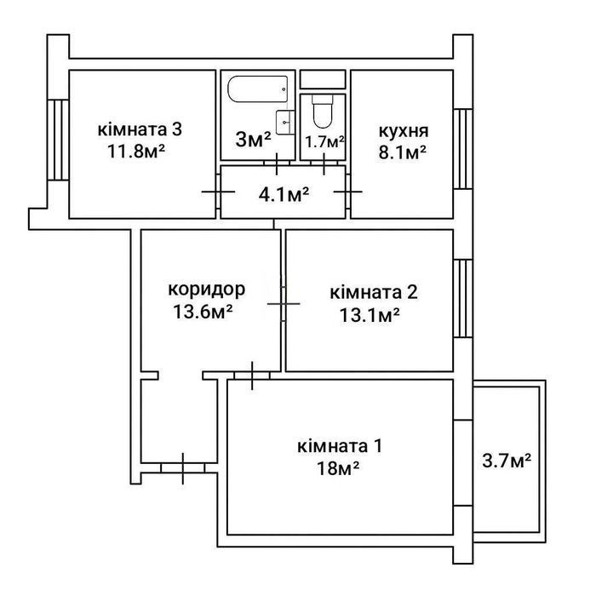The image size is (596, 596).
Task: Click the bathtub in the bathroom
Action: point(258,89)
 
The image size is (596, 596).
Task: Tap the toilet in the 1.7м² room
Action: point(323,111)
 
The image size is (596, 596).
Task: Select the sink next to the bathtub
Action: point(285,122)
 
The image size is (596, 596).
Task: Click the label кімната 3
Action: point(140,129)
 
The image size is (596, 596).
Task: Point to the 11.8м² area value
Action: point(136,152)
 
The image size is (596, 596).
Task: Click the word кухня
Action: point(404,131)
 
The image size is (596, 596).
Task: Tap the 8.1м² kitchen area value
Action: point(402,152)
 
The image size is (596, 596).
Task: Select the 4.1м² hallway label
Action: point(284,195)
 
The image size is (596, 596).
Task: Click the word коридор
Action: point(207,290)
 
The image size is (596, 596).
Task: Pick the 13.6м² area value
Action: point(203,312)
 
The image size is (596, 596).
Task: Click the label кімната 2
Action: point(374,292)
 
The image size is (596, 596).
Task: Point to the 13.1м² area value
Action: point(370,315)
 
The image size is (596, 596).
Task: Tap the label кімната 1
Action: point(340,446)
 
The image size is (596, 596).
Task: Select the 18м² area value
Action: point(338,468)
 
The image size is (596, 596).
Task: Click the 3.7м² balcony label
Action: point(507,461)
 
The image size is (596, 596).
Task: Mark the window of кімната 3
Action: point(58,140)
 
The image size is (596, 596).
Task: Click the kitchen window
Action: point(463,149)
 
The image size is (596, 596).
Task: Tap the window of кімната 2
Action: point(463,298)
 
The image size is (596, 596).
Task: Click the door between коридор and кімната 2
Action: point(284,304)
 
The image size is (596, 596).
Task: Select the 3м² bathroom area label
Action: point(253,139)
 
